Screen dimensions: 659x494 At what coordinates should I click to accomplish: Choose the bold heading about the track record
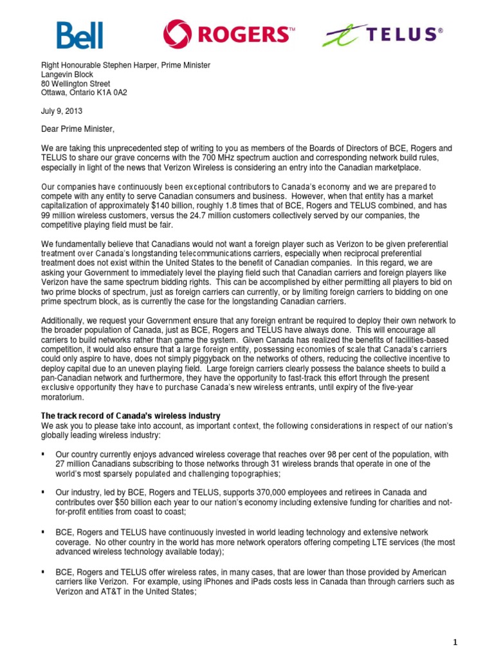click(x=131, y=416)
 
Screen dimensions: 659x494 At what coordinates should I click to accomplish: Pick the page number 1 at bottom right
click(x=473, y=642)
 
